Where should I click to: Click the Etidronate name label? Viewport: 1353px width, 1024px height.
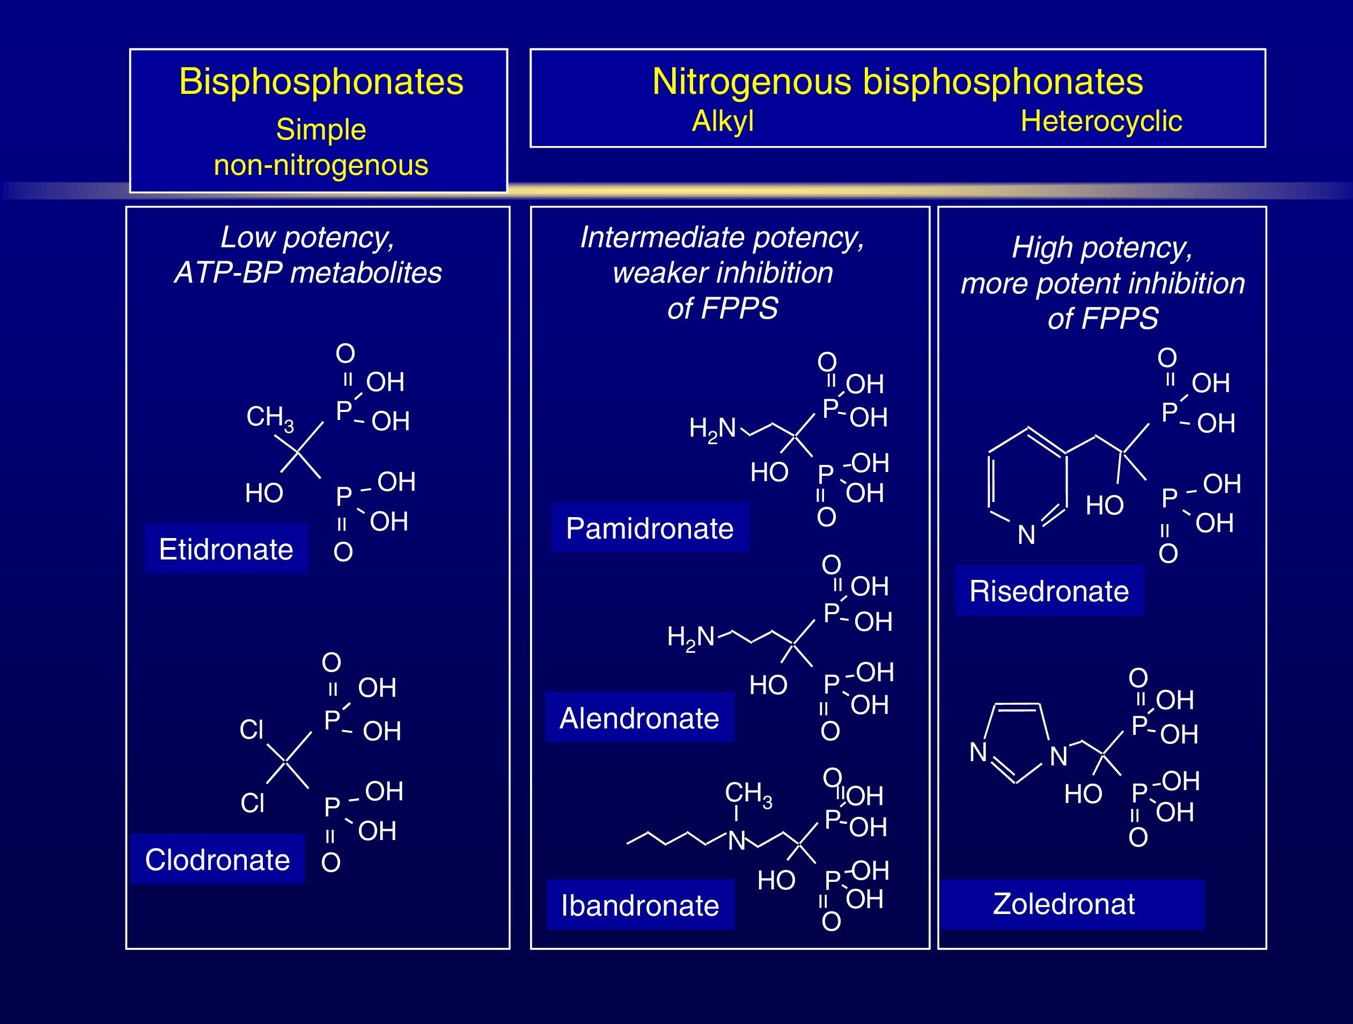[x=226, y=549]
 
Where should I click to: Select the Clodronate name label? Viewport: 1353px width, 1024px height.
[x=217, y=859]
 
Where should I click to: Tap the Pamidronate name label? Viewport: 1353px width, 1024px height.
[x=650, y=528]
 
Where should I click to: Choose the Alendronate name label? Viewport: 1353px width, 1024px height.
[x=639, y=718]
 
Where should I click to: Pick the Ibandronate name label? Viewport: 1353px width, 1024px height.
[x=640, y=905]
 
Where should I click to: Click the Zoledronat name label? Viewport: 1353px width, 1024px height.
[x=1064, y=903]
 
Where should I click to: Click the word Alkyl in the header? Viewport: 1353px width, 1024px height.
[x=723, y=121]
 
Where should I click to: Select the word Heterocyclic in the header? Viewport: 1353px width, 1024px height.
[x=1101, y=121]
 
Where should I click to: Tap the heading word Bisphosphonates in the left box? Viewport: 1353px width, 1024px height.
[x=321, y=82]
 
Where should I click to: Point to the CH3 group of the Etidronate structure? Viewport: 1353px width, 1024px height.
[x=270, y=418]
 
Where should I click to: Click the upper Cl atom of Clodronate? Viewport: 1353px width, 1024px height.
[x=252, y=729]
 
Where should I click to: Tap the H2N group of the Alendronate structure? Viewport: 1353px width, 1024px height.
[x=690, y=637]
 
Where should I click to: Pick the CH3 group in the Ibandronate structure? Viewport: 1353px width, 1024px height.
[x=748, y=793]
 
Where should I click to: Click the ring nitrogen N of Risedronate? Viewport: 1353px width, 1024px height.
[x=1026, y=535]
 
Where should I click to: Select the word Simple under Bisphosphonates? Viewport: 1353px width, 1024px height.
[x=321, y=130]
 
